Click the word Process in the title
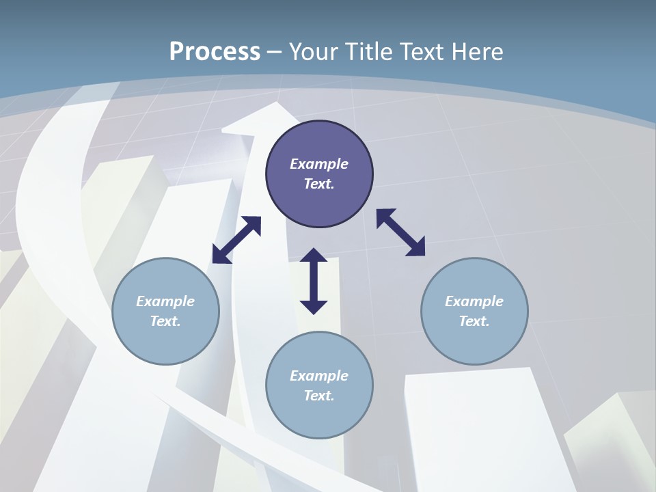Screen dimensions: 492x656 point(215,52)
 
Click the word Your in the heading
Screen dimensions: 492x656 point(314,52)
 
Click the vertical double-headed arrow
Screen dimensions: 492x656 point(314,281)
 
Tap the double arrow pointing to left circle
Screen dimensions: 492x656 point(236,240)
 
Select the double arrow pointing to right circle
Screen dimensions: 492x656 point(401,232)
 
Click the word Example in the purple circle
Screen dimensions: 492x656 point(319,164)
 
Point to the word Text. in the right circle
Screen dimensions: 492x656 point(474,321)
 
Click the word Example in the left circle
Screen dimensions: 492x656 point(165,301)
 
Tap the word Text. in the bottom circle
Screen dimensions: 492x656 point(319,396)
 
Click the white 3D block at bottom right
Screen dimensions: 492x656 point(478,430)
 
